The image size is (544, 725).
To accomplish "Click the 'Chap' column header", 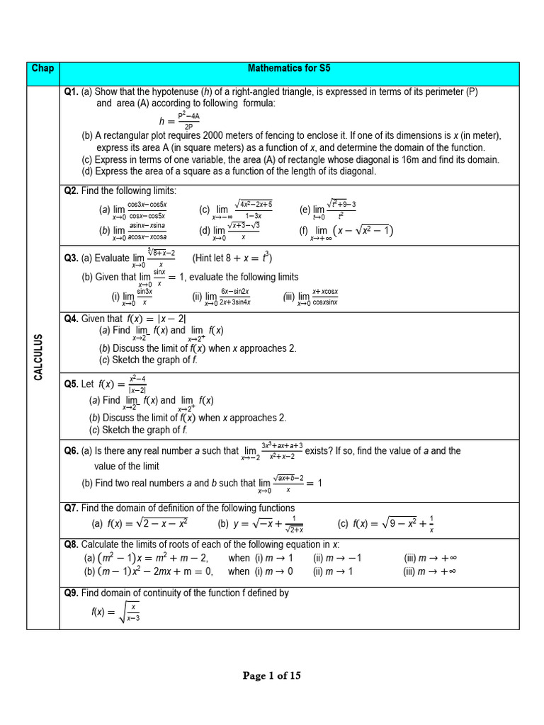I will point(43,69).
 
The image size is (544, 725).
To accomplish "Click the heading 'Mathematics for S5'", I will point(289,69).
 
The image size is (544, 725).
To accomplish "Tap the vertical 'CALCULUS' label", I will point(40,358).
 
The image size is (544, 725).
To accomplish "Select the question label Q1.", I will point(71,91).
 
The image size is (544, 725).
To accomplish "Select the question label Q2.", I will point(71,191).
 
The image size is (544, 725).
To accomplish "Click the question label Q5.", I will point(71,384).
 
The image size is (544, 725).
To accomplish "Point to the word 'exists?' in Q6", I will point(320,450).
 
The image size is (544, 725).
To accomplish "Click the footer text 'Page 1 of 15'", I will point(272,676).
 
